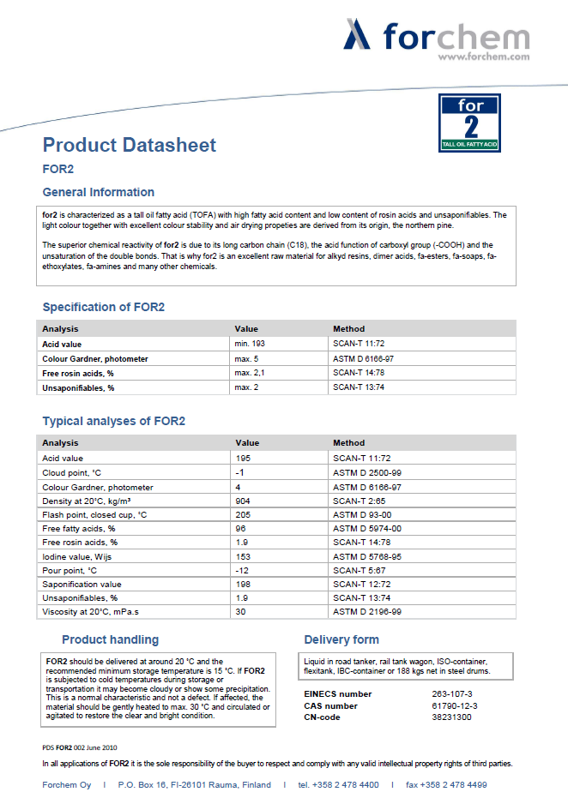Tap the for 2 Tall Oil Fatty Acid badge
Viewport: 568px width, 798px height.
tap(469, 123)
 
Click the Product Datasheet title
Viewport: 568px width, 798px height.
tap(130, 145)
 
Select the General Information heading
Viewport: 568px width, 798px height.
tap(99, 192)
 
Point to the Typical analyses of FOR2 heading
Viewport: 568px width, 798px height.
tap(114, 421)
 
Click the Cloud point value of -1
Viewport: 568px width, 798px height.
tap(241, 473)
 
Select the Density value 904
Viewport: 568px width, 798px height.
tap(243, 501)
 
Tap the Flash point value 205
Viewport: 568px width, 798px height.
tap(243, 514)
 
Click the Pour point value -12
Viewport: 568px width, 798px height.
tap(243, 570)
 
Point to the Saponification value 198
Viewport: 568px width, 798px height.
tap(243, 584)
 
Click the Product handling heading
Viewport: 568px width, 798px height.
tap(110, 639)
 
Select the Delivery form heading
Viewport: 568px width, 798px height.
tap(341, 639)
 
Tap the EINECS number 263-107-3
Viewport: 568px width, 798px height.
tap(452, 693)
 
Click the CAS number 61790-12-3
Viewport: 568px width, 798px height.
tap(455, 705)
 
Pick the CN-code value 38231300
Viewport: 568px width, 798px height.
tap(452, 717)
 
